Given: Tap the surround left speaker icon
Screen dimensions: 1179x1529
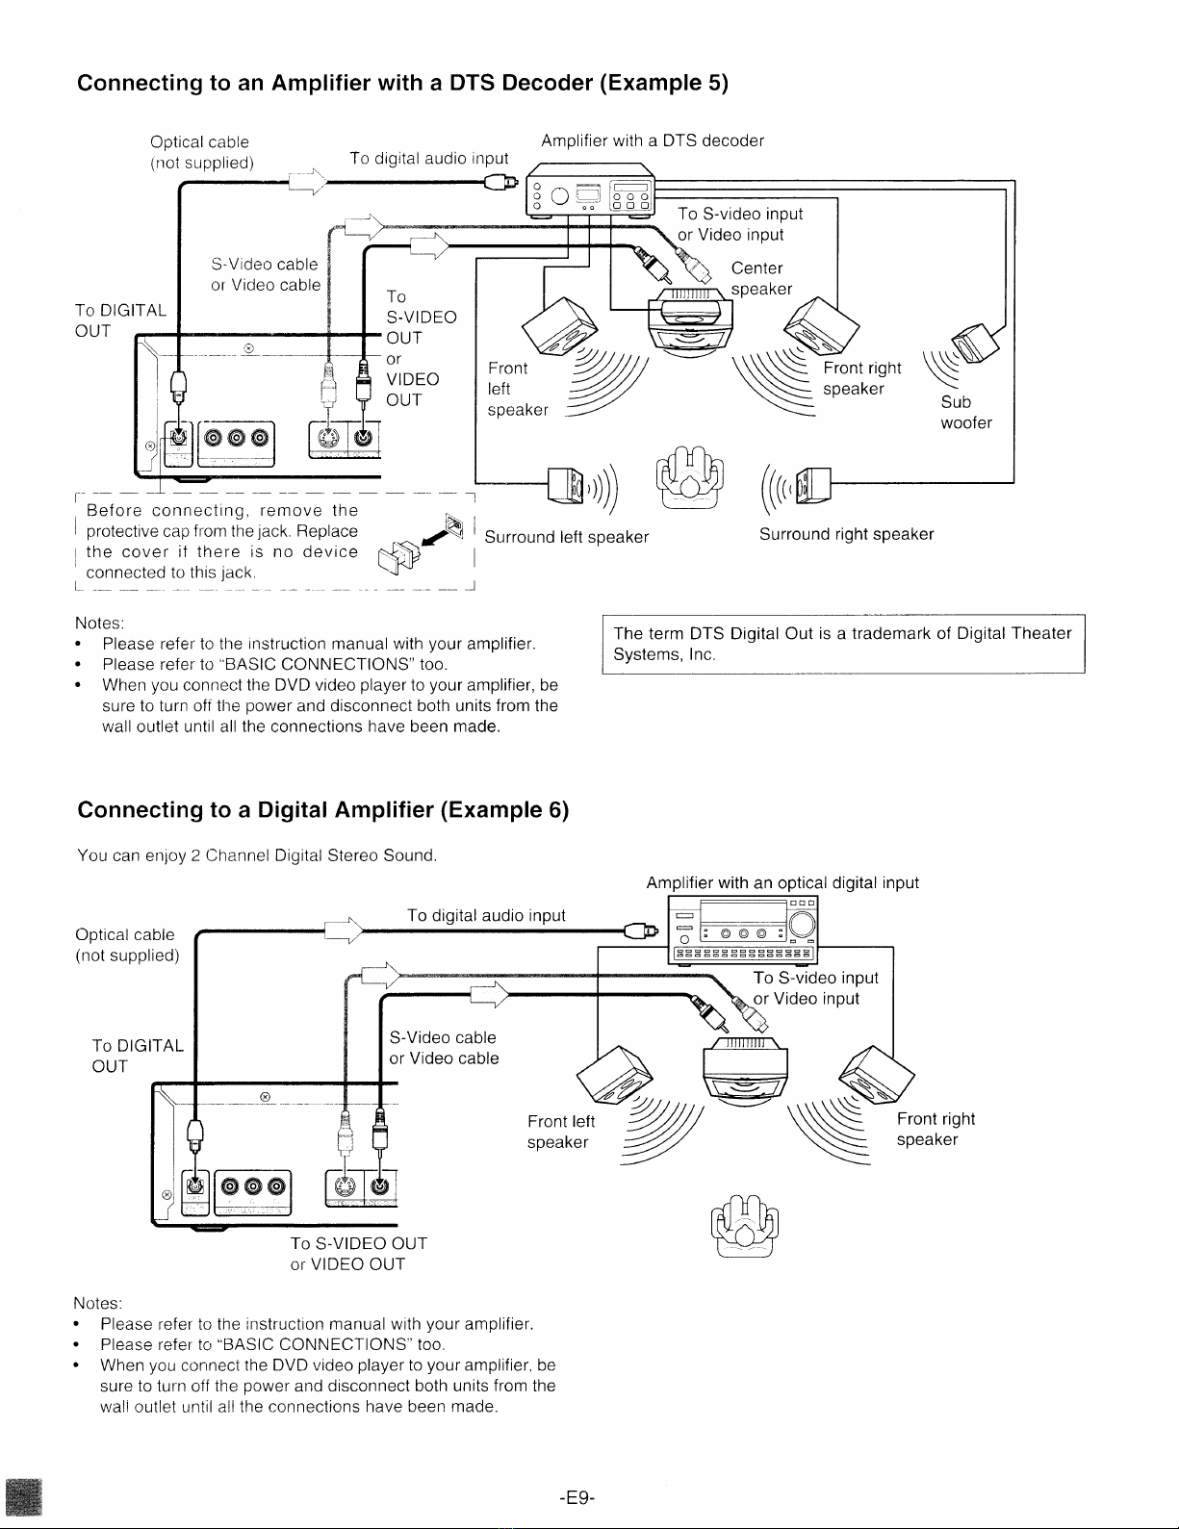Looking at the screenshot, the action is (566, 486).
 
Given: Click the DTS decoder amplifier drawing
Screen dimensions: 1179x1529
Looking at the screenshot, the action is (590, 191).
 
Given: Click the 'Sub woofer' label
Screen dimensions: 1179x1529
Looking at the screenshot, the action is (966, 413).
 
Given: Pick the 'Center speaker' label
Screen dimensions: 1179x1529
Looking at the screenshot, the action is (761, 279).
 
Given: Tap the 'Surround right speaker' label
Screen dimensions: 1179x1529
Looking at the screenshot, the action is (846, 534).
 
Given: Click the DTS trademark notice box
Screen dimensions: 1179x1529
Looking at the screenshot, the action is (843, 644).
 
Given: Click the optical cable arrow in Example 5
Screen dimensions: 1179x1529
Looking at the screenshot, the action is (308, 182).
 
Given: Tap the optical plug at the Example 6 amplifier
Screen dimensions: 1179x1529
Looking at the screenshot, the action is (642, 931).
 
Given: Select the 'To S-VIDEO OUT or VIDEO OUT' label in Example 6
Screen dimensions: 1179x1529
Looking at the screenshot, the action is (359, 1253).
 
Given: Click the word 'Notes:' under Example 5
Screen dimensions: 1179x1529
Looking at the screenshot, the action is (99, 623).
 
